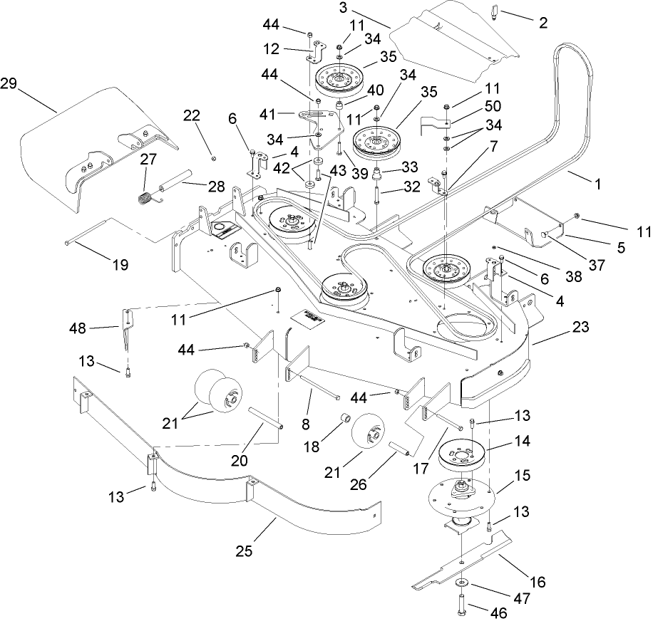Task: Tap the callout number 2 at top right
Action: [543, 23]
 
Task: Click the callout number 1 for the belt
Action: [597, 183]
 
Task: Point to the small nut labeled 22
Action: [213, 157]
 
